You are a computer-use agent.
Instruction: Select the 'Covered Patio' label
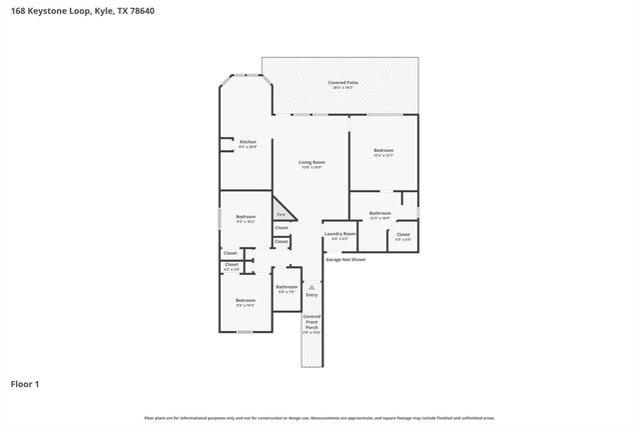point(343,84)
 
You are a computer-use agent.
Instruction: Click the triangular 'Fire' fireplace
point(282,213)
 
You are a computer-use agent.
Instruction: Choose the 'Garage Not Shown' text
point(345,259)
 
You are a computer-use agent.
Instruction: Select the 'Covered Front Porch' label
point(312,322)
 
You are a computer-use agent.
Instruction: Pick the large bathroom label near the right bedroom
point(379,214)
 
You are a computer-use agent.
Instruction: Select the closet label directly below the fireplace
point(282,228)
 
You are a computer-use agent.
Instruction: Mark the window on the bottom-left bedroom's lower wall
point(244,332)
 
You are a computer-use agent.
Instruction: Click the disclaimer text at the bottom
point(319,417)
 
